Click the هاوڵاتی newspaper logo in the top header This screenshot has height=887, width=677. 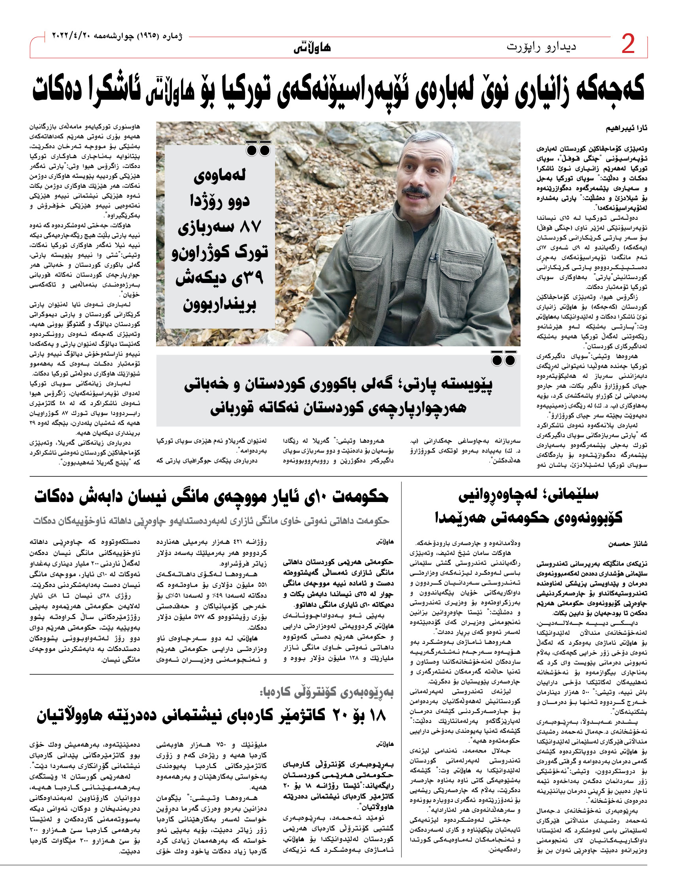(312, 47)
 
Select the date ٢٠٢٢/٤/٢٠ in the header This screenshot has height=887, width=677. (71, 36)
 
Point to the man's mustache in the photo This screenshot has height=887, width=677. (416, 191)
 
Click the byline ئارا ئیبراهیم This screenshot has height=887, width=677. (627, 128)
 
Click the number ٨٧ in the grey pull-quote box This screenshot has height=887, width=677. (251, 226)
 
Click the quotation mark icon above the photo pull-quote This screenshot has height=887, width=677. (258, 149)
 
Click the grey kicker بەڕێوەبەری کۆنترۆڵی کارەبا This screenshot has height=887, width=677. (326, 693)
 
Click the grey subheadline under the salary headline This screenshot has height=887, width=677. (211, 521)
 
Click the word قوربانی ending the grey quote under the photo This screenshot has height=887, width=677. (234, 408)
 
